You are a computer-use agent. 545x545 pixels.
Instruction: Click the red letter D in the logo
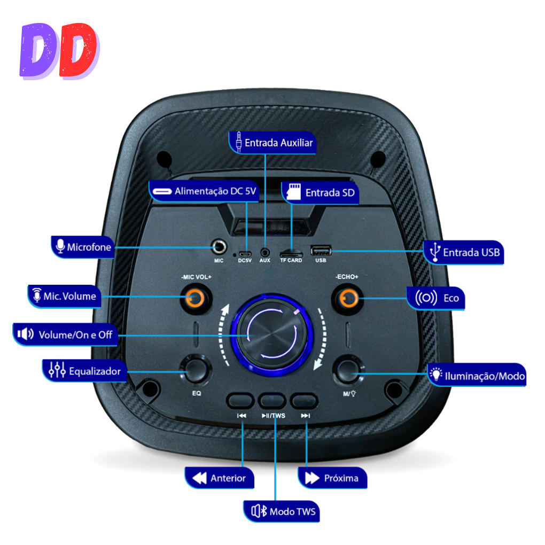[x=78, y=50]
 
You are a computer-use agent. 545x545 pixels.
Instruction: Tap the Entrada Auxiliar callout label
[x=272, y=143]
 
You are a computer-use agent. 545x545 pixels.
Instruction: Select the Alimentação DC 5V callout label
[x=204, y=191]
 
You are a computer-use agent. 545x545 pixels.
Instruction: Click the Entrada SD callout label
[x=320, y=192]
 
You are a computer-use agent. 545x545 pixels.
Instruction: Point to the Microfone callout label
[x=83, y=247]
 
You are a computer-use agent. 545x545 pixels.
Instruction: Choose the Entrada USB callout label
[x=464, y=252]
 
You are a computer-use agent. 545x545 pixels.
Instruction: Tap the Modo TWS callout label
[x=282, y=511]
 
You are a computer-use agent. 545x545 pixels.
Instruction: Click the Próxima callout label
[x=332, y=478]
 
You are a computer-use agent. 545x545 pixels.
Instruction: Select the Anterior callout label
[x=219, y=478]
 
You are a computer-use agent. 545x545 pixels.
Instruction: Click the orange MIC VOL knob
[x=195, y=298]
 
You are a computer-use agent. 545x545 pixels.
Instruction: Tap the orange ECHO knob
[x=348, y=298]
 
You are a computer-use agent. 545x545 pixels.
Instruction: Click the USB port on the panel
[x=321, y=250]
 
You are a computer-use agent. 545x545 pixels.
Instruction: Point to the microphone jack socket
[x=219, y=247]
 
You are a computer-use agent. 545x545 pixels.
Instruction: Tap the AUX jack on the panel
[x=265, y=252]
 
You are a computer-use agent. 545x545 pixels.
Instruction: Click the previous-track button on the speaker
[x=240, y=401]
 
